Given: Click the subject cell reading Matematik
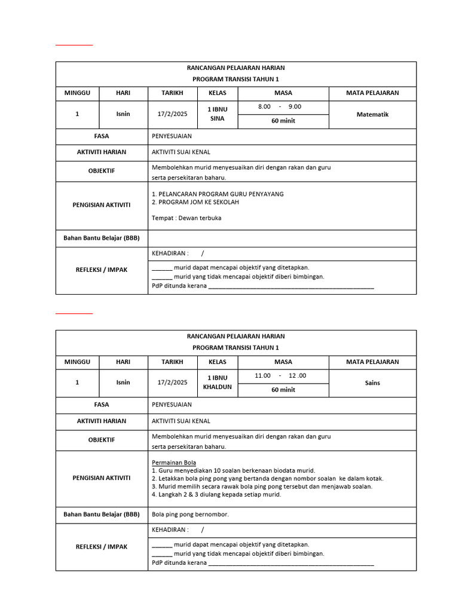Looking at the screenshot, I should point(372,114).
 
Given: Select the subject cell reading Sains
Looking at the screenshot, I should point(372,382).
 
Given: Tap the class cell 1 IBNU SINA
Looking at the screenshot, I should point(216,114).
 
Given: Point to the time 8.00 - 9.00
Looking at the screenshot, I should point(280,107).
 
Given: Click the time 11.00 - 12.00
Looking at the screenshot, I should point(280,375).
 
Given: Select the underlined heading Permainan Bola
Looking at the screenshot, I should point(174,463).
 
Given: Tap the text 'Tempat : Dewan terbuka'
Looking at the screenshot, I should point(186,218).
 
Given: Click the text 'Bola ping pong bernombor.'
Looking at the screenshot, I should point(190,514).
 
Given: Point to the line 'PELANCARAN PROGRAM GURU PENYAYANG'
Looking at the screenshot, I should point(218,194).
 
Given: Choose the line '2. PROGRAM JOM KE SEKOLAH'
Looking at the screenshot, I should point(195,203).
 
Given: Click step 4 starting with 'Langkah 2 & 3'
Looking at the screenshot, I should point(216,494).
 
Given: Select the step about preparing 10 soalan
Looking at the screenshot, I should point(233,470).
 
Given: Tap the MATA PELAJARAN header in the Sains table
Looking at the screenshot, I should point(372,362).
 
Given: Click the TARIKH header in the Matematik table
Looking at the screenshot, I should point(172,93).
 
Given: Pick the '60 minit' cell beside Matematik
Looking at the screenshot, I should point(283,121).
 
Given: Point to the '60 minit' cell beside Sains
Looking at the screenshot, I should point(283,390).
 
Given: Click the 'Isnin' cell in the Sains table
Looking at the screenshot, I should point(123,382).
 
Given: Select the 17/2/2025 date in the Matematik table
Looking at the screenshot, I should point(172,114).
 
